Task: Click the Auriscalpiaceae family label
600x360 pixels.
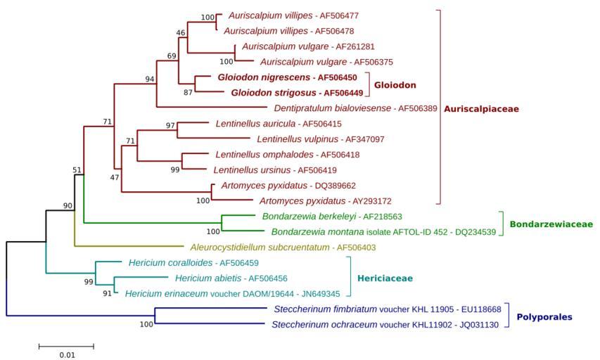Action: (x=481, y=109)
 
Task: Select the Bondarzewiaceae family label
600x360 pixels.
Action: (x=551, y=224)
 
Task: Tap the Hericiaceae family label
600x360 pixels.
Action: (x=385, y=278)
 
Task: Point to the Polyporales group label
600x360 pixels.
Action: (x=544, y=317)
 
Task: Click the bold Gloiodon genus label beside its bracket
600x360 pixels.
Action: (x=394, y=84)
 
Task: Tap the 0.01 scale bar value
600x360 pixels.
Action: (x=66, y=355)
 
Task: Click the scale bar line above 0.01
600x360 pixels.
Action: (x=66, y=346)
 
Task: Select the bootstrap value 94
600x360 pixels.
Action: (x=149, y=79)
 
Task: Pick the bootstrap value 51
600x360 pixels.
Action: (x=77, y=169)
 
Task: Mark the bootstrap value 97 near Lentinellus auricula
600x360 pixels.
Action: (x=170, y=125)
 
